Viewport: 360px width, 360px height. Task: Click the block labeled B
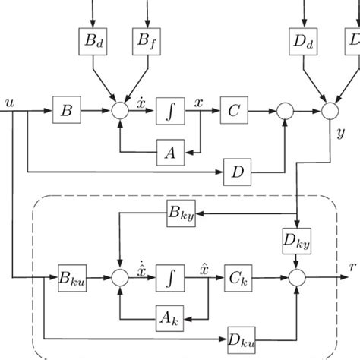click(x=66, y=111)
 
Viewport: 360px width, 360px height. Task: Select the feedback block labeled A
click(x=169, y=152)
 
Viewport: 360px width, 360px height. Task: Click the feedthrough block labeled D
click(x=237, y=172)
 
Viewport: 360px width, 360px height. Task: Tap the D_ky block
click(x=296, y=242)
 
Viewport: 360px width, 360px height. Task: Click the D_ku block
click(x=241, y=336)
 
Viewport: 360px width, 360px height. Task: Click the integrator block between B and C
click(x=169, y=111)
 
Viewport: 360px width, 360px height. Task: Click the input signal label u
click(x=8, y=100)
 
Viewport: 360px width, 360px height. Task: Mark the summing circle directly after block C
click(x=285, y=111)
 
